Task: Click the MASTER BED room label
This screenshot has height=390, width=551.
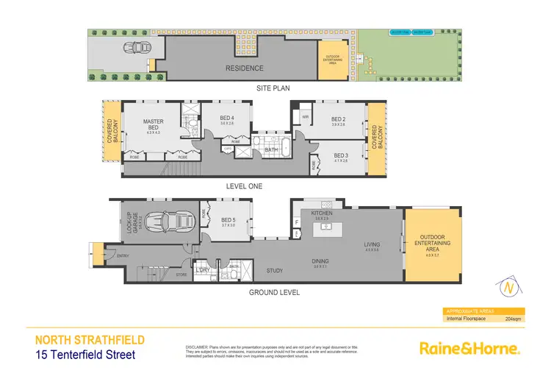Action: (x=153, y=124)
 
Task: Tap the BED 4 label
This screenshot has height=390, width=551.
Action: (x=227, y=118)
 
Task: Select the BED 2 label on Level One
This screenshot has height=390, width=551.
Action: (x=337, y=119)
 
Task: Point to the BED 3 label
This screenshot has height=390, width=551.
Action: (x=340, y=155)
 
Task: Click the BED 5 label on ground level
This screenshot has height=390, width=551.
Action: (x=227, y=219)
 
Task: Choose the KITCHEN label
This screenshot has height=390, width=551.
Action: (x=322, y=213)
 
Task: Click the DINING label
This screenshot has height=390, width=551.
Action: (x=320, y=261)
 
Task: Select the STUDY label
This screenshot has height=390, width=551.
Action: (x=275, y=271)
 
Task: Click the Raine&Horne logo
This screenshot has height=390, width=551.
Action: (x=469, y=348)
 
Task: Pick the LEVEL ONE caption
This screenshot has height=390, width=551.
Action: (x=244, y=186)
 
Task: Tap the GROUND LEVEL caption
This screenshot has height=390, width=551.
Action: (x=273, y=292)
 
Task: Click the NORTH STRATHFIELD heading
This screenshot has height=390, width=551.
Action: (x=90, y=340)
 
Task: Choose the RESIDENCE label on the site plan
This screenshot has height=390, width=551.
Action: (x=244, y=68)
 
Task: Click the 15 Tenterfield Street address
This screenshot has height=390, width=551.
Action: (x=86, y=355)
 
